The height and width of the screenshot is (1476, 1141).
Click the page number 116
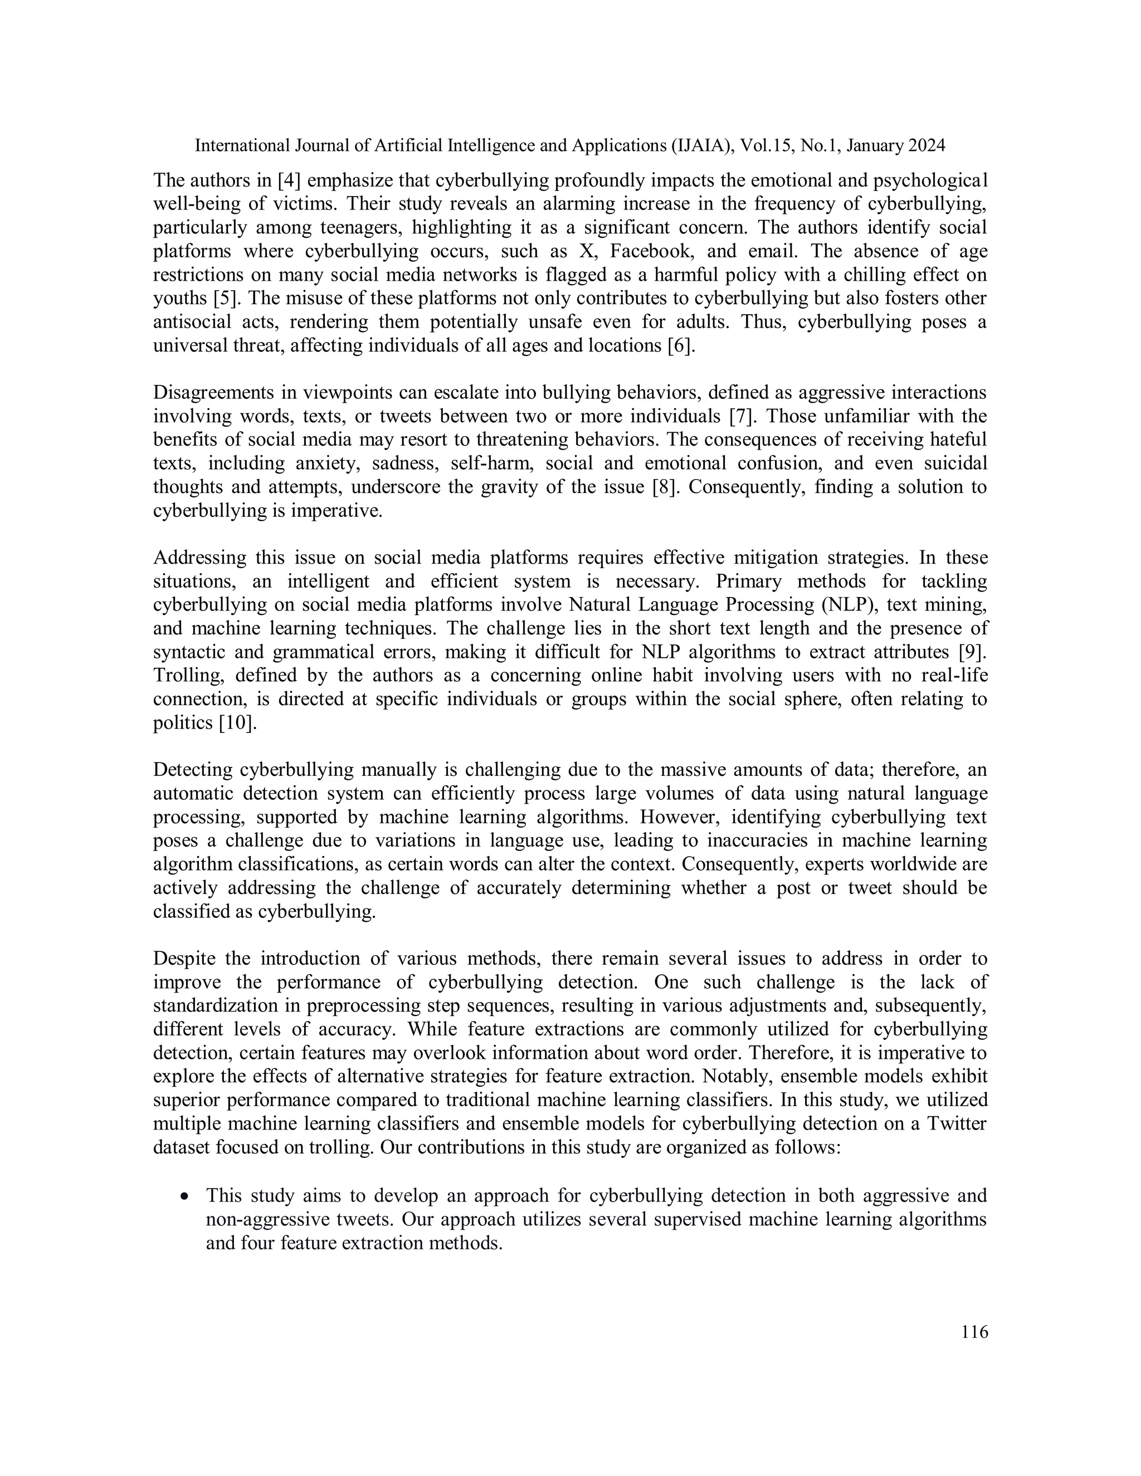pyautogui.click(x=974, y=1332)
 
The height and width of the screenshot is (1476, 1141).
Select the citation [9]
pyautogui.click(x=974, y=652)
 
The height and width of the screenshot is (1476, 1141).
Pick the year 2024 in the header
pyautogui.click(x=926, y=145)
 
